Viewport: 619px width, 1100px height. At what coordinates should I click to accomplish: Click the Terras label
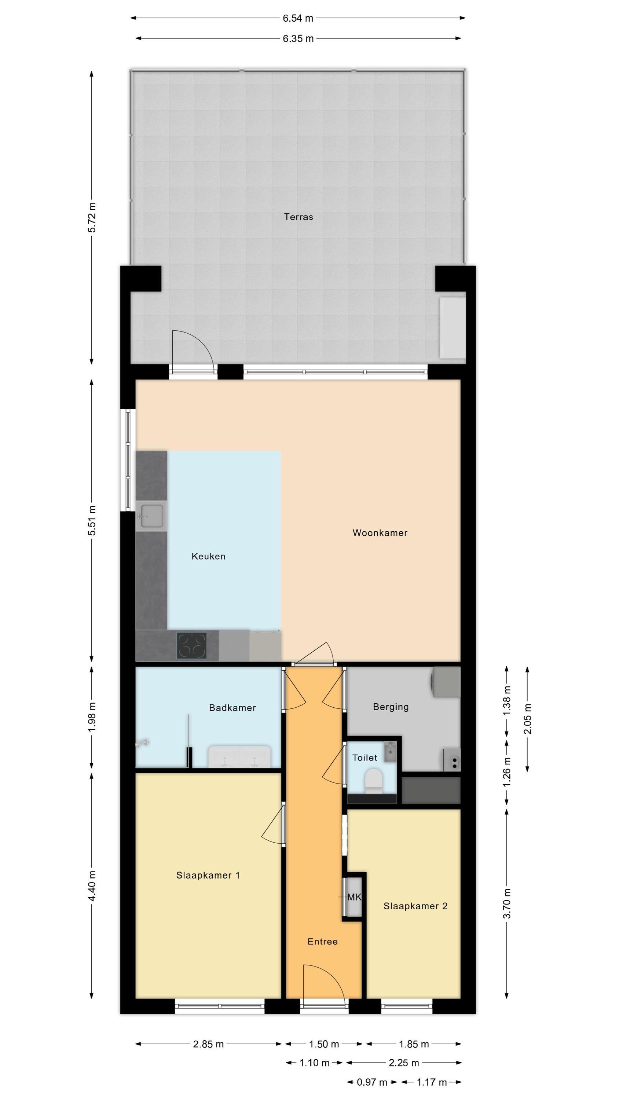[x=298, y=217]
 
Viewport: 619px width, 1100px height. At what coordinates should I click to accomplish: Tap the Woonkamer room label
[x=380, y=533]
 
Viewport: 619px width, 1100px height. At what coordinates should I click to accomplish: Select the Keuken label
[x=208, y=556]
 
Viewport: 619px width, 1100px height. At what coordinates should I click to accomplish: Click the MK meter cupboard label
[x=354, y=897]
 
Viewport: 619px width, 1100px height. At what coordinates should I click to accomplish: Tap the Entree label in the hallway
[x=323, y=954]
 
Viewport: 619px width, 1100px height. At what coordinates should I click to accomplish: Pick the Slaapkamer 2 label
[x=415, y=906]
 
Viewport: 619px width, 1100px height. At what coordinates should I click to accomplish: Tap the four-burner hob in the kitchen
[x=192, y=645]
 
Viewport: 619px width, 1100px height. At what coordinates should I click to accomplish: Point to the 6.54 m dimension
[x=298, y=18]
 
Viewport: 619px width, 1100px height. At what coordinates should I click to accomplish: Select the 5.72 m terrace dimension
[x=91, y=217]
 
